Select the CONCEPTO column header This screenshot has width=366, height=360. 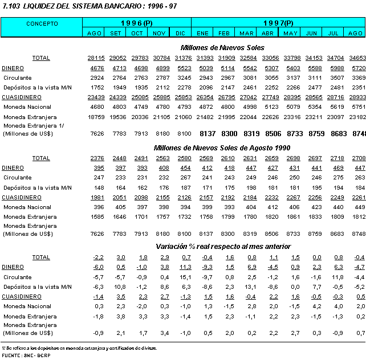tap(42, 24)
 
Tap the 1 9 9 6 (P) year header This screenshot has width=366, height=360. tap(137, 23)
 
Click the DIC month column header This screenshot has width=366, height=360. tap(181, 33)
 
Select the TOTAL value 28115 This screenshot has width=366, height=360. tap(95, 58)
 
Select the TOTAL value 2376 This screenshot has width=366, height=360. tap(96, 158)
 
